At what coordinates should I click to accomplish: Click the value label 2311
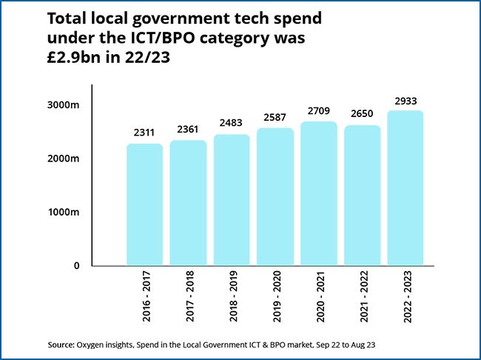[144, 133]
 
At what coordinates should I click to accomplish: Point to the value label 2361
[188, 130]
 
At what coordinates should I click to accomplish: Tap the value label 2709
[319, 111]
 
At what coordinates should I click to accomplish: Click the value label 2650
[362, 115]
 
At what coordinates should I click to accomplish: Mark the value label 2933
[406, 100]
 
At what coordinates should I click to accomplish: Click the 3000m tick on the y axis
[64, 105]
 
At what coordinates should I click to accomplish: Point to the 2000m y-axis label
[64, 159]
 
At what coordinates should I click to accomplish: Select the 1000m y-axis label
[64, 212]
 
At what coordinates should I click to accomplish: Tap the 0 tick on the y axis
[76, 265]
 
